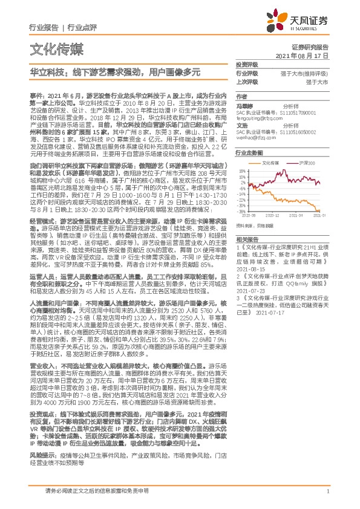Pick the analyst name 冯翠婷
pos(244,105)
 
